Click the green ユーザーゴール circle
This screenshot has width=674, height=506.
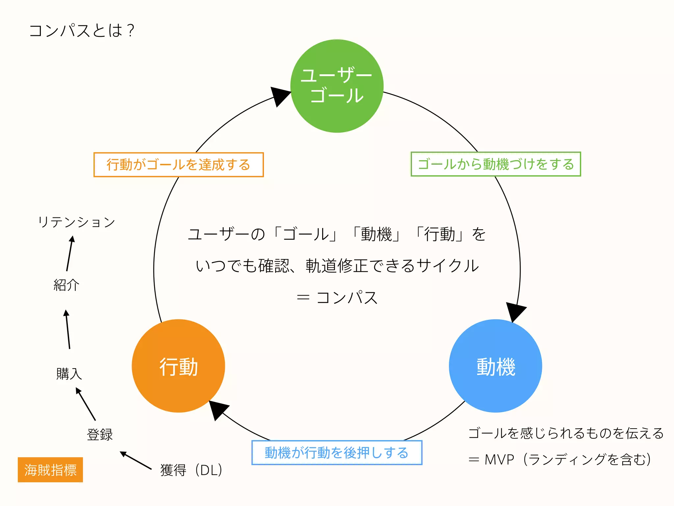337,86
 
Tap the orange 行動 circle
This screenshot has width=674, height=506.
178,366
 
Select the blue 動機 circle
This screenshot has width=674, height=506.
495,366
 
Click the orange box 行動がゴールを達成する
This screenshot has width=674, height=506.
178,165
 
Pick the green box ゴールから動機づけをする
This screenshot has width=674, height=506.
496,164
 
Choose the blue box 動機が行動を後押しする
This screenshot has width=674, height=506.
337,453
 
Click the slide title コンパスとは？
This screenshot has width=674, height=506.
82,31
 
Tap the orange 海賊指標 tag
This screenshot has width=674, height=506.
50,470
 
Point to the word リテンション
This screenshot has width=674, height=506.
76,222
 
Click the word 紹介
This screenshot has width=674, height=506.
66,285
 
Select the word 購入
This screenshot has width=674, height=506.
69,374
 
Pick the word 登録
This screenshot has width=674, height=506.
100,435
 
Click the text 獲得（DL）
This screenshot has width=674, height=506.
191,470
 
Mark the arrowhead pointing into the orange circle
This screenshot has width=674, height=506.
218,409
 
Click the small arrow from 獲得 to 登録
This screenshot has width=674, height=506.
135,460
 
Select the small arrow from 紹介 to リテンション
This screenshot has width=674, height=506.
69,254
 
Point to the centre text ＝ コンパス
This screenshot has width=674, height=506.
337,297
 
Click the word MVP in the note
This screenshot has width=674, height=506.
499,460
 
